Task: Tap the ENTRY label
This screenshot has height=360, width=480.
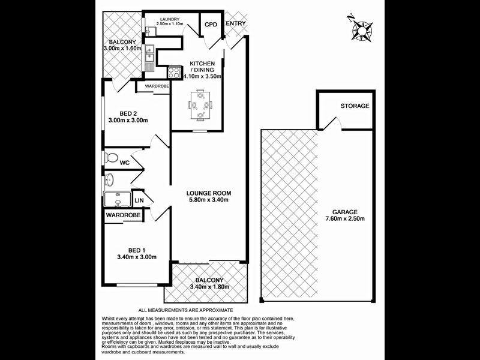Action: [235, 24]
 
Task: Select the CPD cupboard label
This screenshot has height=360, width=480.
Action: [211, 25]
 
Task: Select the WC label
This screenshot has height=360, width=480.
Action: [125, 163]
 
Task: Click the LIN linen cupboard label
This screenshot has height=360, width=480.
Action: [139, 200]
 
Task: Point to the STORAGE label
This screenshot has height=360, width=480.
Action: [355, 106]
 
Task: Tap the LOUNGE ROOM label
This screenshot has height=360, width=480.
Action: [208, 193]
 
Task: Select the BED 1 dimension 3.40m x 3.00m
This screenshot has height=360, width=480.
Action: [136, 257]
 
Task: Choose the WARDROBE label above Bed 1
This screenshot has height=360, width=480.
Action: [124, 214]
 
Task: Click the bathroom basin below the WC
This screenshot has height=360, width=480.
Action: [110, 179]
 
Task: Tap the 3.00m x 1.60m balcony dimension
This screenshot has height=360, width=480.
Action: [122, 49]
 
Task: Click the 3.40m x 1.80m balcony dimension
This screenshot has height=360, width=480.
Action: [209, 287]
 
